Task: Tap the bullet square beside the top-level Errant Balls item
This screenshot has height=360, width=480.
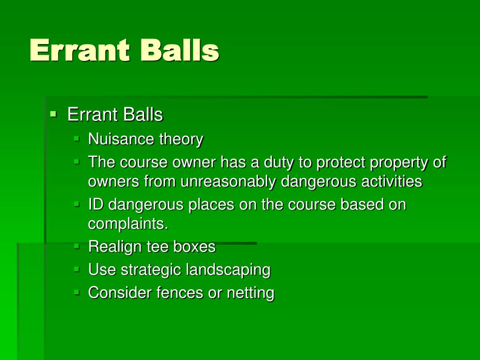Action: [x=53, y=113]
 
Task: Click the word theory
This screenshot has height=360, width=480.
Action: [x=181, y=139]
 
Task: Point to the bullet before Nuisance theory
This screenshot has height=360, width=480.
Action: [x=77, y=138]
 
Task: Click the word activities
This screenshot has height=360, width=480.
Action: [x=391, y=181]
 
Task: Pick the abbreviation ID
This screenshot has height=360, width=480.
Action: [x=96, y=205]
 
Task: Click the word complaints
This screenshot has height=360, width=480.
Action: [x=128, y=224]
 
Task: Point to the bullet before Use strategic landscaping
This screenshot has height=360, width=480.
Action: [x=77, y=269]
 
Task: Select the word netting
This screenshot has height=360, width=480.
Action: [x=250, y=293]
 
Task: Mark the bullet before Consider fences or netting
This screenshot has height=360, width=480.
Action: [x=77, y=292]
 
